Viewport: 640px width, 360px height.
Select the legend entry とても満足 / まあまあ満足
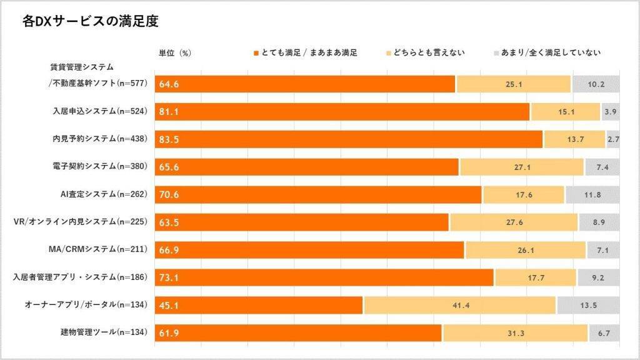tap(304, 53)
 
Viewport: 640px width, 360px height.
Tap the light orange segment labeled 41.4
tap(460, 305)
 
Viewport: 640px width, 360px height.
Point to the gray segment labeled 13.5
tap(587, 305)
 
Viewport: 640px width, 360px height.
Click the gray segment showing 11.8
tap(592, 194)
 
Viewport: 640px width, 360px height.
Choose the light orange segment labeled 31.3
tap(515, 332)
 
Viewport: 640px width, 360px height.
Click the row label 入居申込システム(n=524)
tap(99, 112)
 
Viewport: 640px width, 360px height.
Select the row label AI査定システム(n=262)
tap(101, 194)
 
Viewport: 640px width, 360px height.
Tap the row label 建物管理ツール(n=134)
tap(101, 332)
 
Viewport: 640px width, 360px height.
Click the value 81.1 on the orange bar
tap(169, 112)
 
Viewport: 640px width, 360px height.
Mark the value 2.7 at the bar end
tap(612, 139)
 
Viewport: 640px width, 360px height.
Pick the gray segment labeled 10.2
tap(595, 84)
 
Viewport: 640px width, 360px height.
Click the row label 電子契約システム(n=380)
tap(100, 167)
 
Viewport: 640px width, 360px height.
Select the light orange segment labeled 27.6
tap(514, 222)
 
